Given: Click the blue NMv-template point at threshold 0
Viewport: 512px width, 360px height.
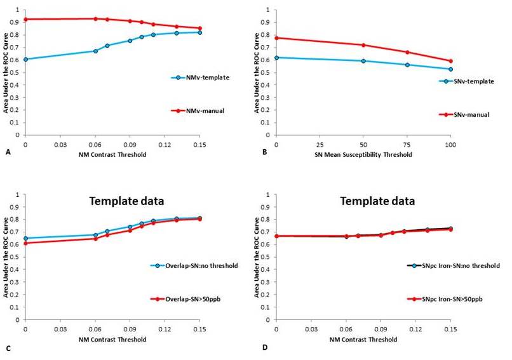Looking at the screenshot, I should coord(25,59).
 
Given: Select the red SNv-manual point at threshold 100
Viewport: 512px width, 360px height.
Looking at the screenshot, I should coord(450,61).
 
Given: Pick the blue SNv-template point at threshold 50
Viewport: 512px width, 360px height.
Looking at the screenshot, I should coord(363,61).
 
